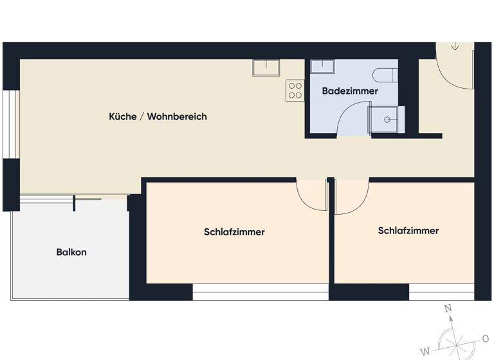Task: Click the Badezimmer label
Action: pos(350,91)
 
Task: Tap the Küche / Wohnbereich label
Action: pos(158,116)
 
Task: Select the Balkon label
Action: pos(71,252)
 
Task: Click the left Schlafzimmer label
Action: pos(234,232)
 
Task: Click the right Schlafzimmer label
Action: pos(408,230)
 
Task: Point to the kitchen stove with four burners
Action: pos(295,90)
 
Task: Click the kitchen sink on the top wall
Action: pos(266,67)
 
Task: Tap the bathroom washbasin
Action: pos(322,66)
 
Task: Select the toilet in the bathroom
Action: pos(386,75)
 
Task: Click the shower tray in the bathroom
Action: pos(387,120)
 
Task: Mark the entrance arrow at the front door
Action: pos(455,46)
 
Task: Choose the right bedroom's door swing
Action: pos(351,196)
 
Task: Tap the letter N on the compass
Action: pos(448,308)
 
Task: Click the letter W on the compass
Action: pos(425,351)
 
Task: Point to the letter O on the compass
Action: pos(486,338)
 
